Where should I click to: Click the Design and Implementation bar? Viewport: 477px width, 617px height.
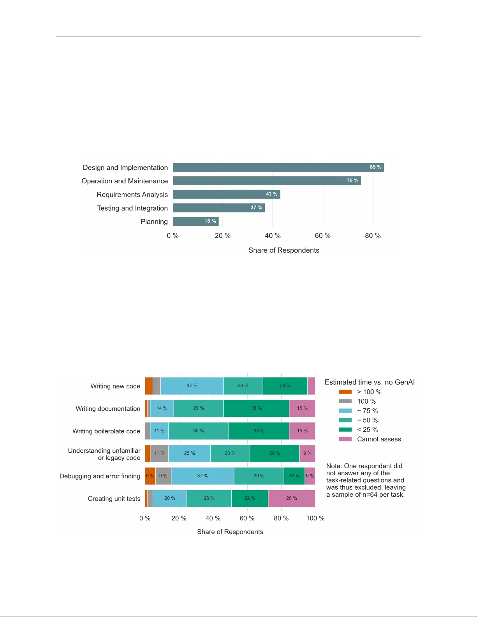278,167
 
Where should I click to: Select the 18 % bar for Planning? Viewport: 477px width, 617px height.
195,221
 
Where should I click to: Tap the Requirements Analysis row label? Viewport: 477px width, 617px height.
132,195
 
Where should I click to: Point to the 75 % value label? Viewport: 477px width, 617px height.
352,181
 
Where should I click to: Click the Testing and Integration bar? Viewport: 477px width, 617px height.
218,208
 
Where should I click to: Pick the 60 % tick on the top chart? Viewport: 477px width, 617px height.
322,236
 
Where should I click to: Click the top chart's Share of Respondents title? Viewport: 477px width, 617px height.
283,250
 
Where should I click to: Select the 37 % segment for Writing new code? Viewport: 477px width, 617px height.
192,386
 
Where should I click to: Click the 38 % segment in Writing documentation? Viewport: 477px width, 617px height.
256,408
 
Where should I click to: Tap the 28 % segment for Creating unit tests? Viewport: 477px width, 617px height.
291,498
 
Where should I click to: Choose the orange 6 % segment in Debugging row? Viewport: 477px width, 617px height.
150,476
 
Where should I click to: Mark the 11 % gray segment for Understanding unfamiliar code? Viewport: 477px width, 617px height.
159,453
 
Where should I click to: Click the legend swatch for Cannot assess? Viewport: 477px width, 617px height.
345,439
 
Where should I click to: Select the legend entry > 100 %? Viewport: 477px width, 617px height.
369,392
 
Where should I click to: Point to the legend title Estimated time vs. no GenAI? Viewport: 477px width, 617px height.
370,382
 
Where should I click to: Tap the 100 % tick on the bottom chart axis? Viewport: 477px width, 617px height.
315,519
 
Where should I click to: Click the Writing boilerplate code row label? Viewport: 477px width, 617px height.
106,431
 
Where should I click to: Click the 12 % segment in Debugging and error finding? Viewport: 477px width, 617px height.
294,476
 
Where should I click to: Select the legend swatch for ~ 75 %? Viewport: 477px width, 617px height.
345,411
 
